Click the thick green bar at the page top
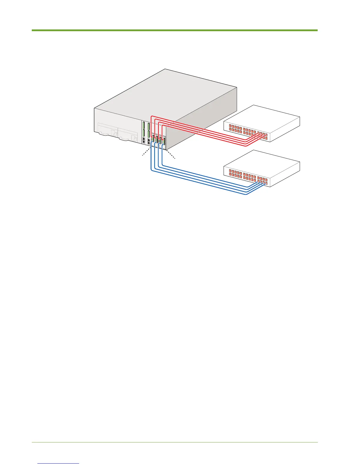[x=175, y=30]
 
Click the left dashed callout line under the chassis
[x=146, y=153]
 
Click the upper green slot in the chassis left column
[x=143, y=126]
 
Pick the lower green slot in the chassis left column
[x=143, y=134]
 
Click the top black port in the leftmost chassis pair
[x=143, y=139]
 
